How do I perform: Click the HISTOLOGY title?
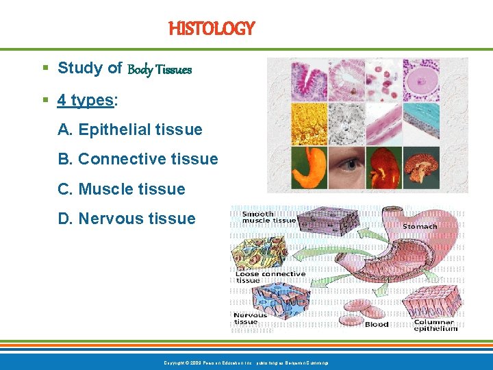[212, 29]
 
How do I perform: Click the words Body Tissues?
[160, 69]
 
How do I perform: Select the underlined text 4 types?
[86, 100]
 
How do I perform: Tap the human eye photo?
[346, 169]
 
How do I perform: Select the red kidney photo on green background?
[383, 169]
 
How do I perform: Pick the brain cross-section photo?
[420, 169]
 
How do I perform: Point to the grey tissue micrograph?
[346, 123]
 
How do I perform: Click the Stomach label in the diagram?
[419, 226]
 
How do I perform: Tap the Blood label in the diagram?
[377, 324]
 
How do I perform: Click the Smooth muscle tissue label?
[269, 217]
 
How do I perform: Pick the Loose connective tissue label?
[270, 277]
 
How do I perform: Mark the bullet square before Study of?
[45, 69]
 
